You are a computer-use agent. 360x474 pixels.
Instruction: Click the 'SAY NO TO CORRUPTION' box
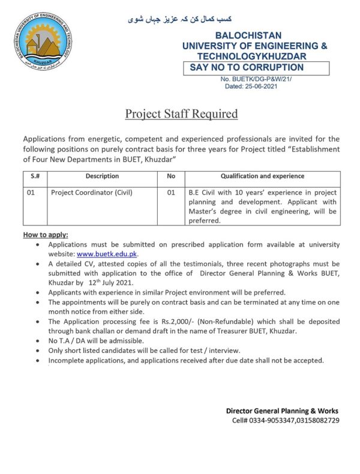pos(254,68)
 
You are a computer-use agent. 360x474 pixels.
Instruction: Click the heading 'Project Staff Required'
pos(181,113)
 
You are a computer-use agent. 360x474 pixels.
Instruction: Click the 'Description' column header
pos(102,176)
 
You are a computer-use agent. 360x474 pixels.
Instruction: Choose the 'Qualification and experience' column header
pos(262,176)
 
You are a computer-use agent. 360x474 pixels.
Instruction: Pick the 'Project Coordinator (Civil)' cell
pos(91,193)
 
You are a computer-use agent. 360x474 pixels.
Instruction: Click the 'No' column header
pos(170,176)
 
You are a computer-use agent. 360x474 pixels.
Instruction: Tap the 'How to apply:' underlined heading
pos(46,234)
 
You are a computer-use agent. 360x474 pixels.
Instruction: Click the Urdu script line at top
pos(180,19)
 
